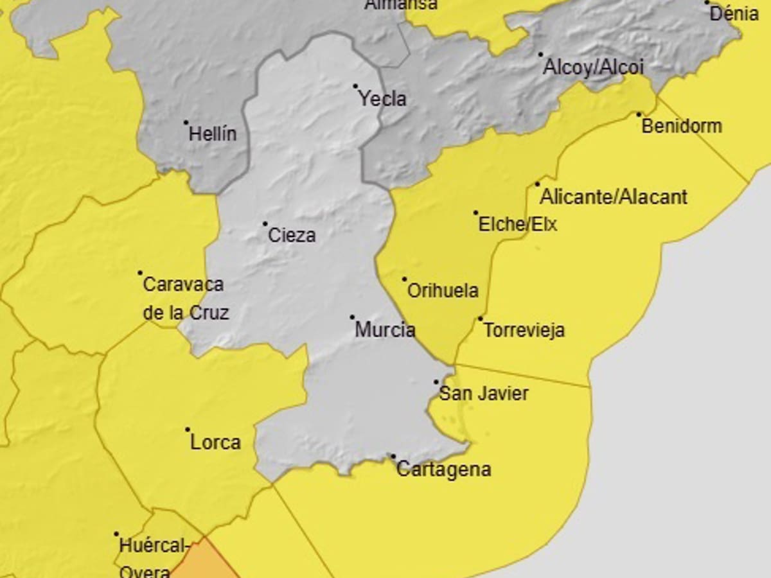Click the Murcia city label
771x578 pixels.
(385, 330)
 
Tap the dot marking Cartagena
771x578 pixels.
(393, 456)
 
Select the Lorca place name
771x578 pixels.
(215, 442)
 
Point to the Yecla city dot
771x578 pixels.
(355, 86)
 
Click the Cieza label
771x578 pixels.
(292, 235)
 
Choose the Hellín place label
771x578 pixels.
(213, 134)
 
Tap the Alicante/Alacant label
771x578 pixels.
(614, 197)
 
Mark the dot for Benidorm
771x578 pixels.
(639, 114)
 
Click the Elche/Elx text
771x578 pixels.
(518, 224)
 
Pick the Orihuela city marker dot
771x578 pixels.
(404, 279)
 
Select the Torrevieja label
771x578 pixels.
(524, 330)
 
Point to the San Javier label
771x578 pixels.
(483, 393)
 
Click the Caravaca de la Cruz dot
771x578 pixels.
(140, 272)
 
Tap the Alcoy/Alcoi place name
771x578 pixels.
(593, 67)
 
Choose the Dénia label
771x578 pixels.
(734, 13)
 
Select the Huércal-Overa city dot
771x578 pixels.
(116, 534)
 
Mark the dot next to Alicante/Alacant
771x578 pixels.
(538, 184)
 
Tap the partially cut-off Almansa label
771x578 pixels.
(401, 4)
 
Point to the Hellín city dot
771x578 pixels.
(186, 122)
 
